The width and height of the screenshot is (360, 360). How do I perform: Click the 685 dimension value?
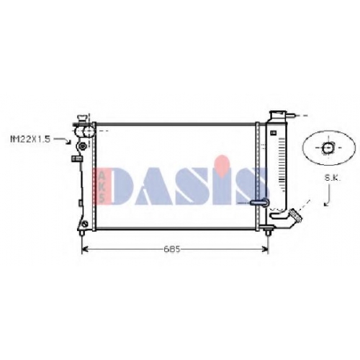[171, 249]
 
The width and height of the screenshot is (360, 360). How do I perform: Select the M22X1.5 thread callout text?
[30, 139]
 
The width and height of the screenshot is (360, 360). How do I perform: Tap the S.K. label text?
[333, 178]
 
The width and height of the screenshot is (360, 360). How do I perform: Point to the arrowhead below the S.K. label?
[325, 204]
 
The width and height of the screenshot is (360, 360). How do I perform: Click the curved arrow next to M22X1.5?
[63, 140]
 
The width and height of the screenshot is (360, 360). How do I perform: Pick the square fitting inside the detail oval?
[328, 148]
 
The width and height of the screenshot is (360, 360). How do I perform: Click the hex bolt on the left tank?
[82, 146]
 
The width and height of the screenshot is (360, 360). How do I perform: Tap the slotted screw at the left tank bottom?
[85, 224]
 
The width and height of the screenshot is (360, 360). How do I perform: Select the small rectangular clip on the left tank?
[77, 158]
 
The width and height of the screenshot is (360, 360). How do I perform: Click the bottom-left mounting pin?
[82, 233]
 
